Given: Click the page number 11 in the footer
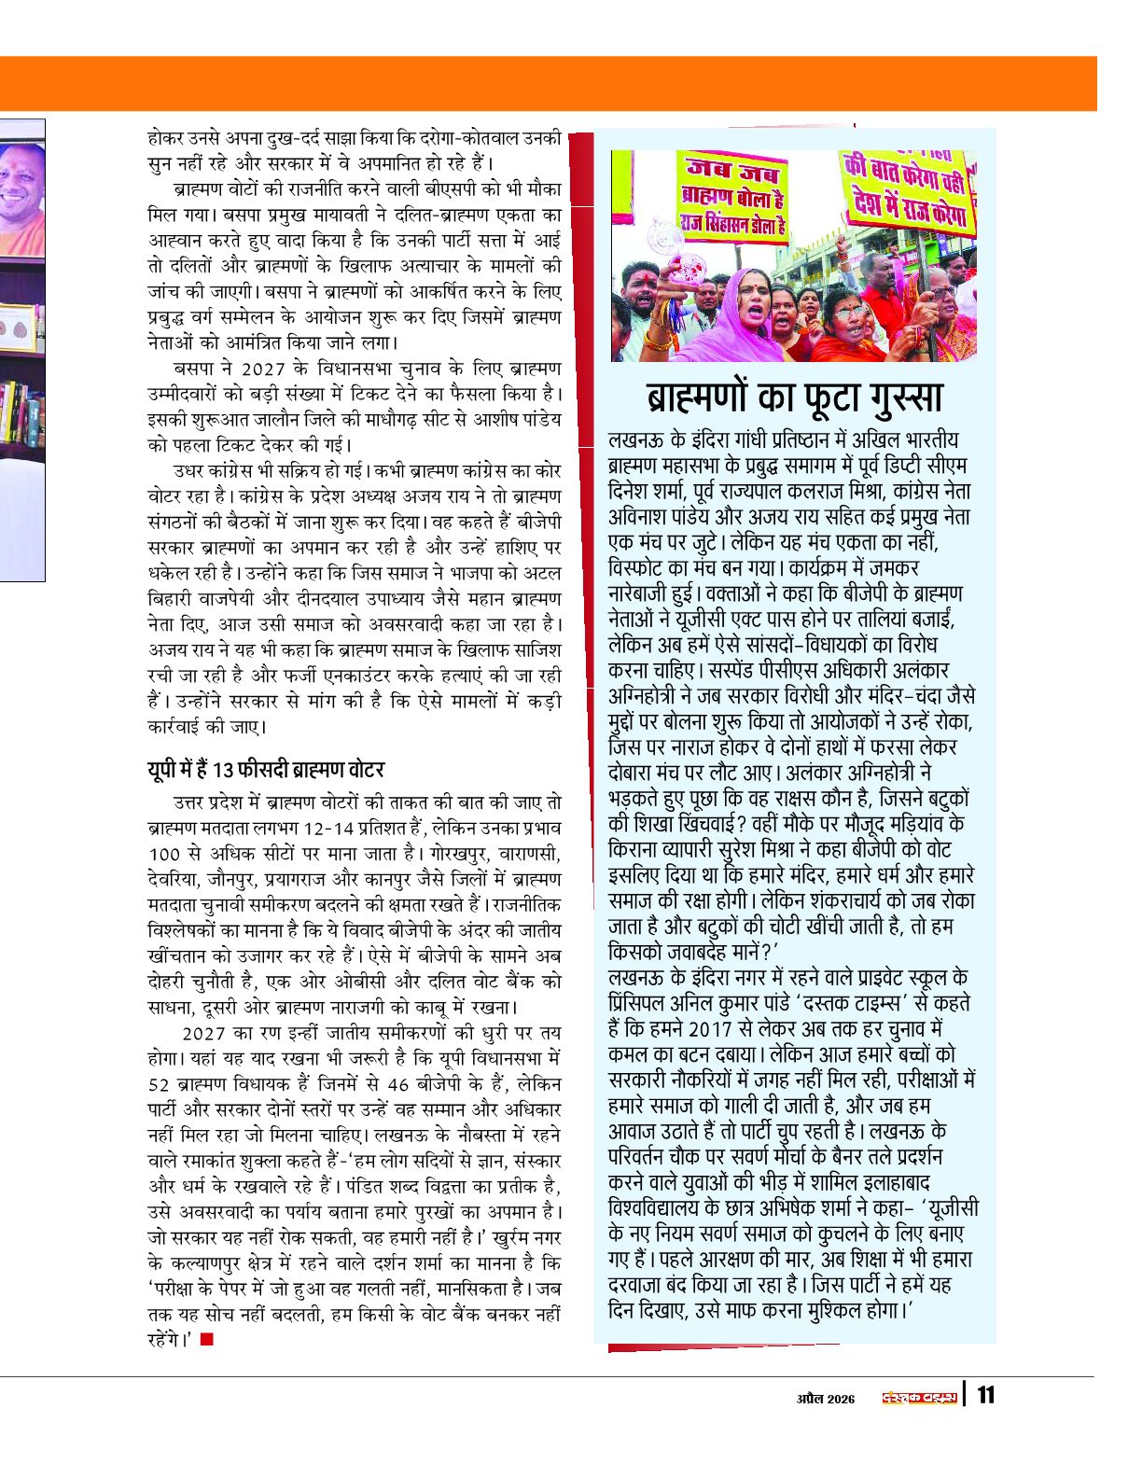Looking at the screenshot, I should tap(985, 1396).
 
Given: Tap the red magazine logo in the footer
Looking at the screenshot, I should tap(920, 1397).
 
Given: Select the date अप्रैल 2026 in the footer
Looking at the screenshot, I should tap(826, 1398).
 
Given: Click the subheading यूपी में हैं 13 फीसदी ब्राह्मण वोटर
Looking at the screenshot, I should tap(266, 770).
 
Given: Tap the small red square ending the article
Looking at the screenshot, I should tap(207, 1340).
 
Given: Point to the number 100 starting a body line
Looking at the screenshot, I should tap(163, 854).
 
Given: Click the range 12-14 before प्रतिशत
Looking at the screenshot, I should tap(329, 829).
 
